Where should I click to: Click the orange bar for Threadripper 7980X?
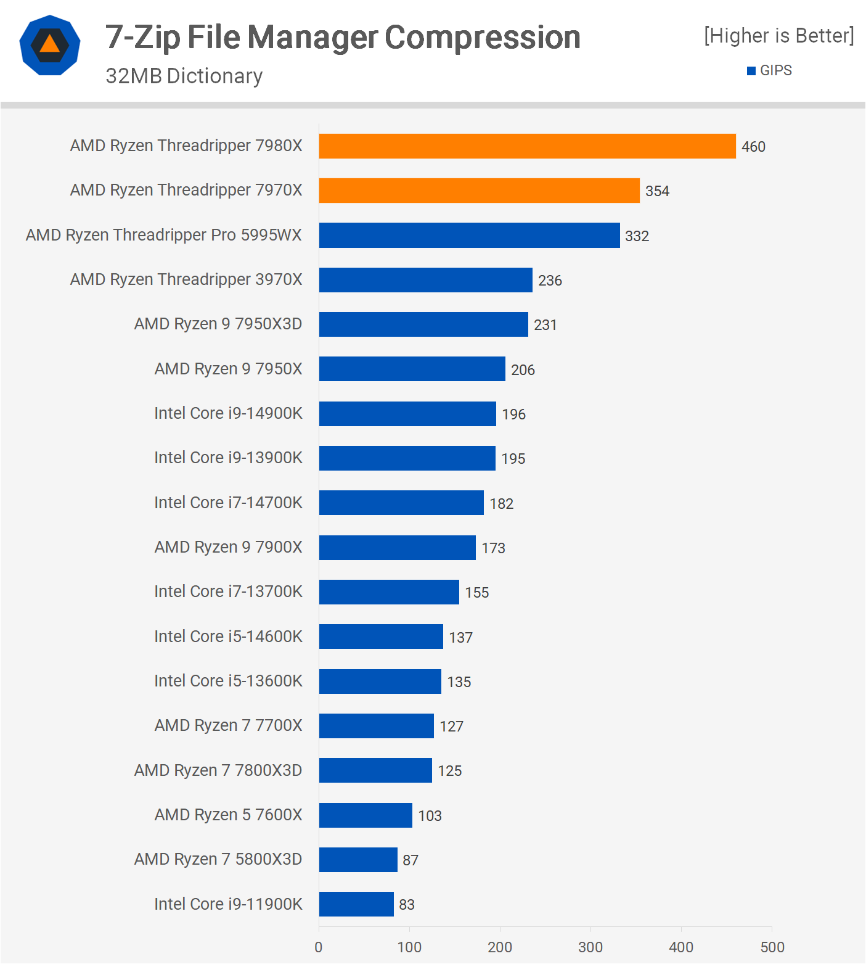click(527, 146)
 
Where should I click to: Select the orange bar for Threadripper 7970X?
click(479, 191)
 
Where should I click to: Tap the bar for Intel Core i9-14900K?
click(407, 414)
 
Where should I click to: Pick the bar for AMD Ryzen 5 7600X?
click(366, 815)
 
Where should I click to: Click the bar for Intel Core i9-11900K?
click(356, 904)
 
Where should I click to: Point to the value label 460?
click(753, 147)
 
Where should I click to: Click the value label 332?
click(637, 236)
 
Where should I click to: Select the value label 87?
click(411, 860)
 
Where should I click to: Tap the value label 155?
click(476, 593)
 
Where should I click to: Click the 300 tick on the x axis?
click(590, 947)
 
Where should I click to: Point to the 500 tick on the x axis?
click(772, 947)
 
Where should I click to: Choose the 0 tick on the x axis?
click(319, 947)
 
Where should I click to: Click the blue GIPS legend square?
click(751, 71)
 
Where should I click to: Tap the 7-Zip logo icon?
click(50, 45)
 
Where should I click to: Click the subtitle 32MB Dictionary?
click(184, 76)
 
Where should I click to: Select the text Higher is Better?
click(779, 36)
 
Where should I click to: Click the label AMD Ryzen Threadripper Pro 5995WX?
click(164, 235)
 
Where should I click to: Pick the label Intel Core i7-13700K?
click(228, 591)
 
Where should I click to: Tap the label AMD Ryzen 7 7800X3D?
click(218, 770)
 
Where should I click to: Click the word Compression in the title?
click(483, 37)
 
